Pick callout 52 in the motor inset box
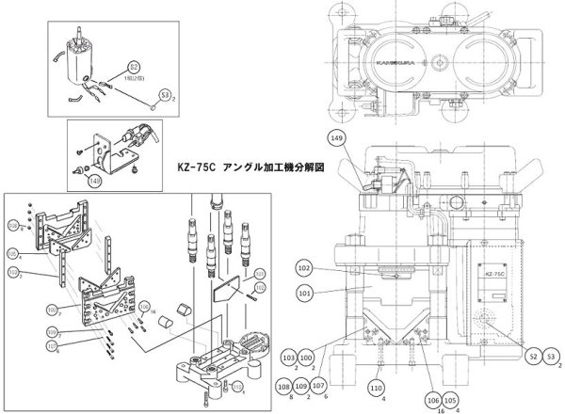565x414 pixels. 134,68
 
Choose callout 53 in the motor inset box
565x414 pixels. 165,94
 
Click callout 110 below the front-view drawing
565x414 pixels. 376,388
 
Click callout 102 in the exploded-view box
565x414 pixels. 15,273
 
